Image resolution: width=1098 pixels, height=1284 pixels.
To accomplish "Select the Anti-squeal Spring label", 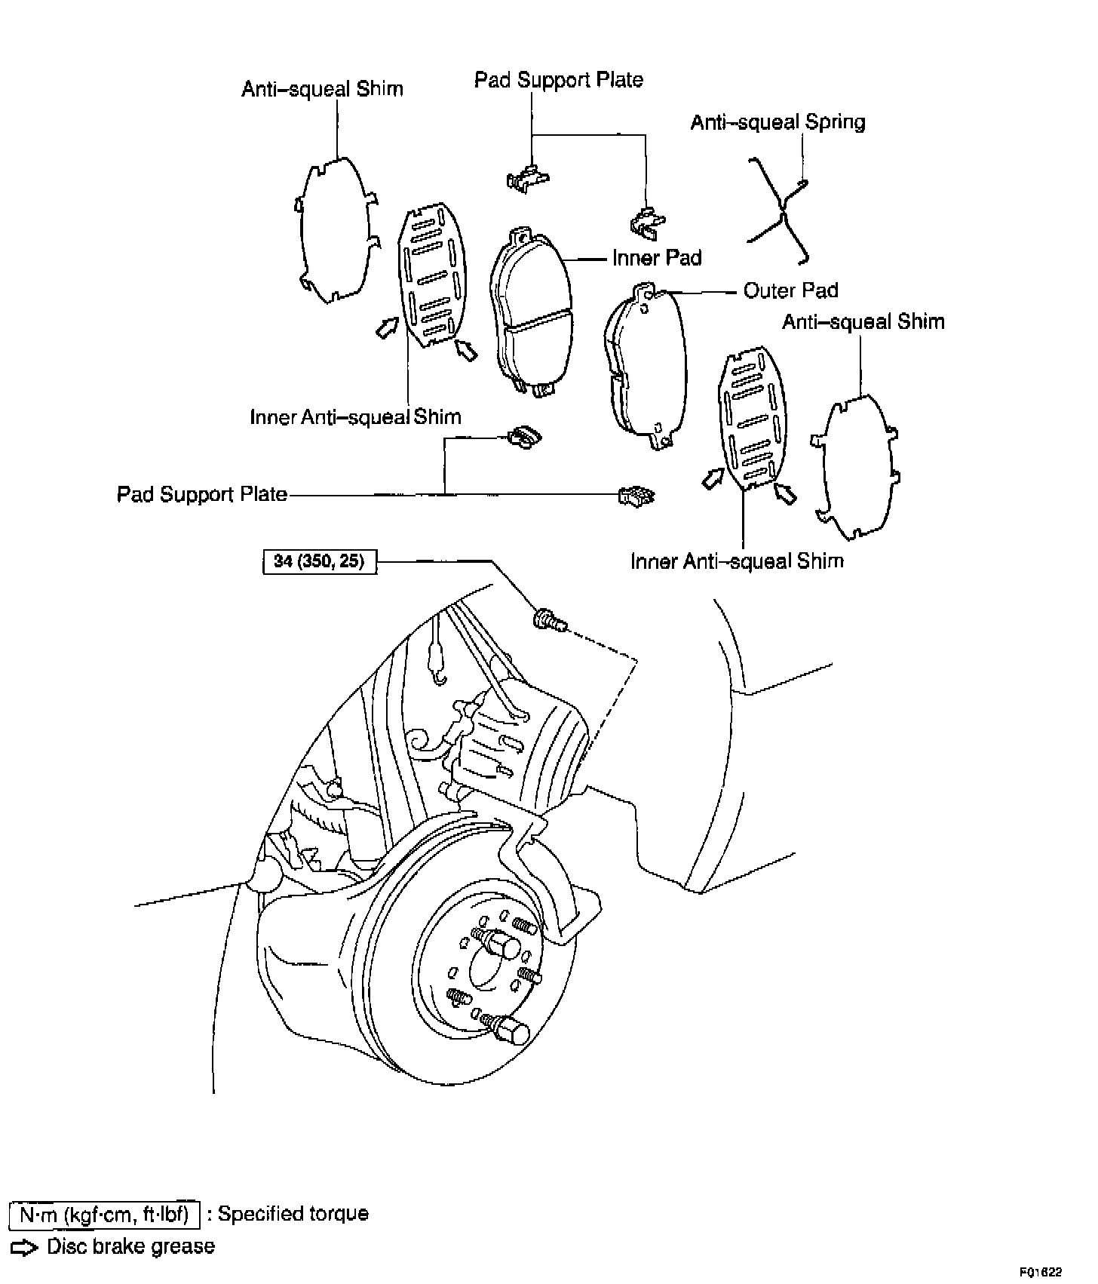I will [x=777, y=122].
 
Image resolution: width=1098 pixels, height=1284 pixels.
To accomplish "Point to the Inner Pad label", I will [x=657, y=258].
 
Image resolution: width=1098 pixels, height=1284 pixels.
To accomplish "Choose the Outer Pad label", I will [x=790, y=290].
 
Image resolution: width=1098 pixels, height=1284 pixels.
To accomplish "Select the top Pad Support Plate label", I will [x=558, y=80].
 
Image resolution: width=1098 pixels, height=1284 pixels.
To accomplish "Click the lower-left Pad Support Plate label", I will [x=202, y=494].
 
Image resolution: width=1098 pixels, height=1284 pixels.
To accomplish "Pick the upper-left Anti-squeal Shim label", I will [x=322, y=89].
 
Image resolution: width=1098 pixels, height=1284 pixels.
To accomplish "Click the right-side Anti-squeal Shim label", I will [x=863, y=322].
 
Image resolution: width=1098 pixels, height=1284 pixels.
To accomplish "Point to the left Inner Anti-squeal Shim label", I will [x=355, y=416].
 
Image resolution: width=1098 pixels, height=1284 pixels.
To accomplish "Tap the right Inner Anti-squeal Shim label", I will [x=737, y=561].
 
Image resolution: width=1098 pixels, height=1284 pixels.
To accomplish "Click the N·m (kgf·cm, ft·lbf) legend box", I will [x=105, y=1215].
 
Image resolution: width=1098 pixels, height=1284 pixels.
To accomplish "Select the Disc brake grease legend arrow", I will [x=25, y=1247].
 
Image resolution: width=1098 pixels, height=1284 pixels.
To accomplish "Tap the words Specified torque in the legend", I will [x=293, y=1215].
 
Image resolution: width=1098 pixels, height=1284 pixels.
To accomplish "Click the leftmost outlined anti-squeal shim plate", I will [x=333, y=230].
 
